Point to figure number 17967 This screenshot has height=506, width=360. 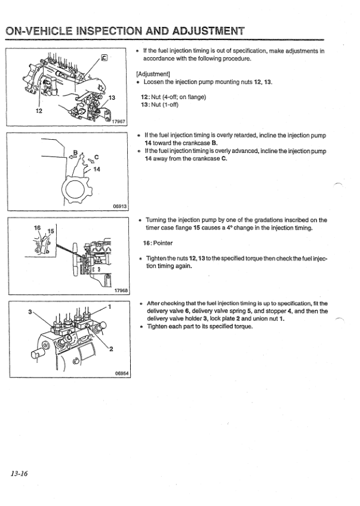click(119, 121)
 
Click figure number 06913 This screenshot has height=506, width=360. click(119, 207)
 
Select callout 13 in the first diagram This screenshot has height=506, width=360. click(111, 98)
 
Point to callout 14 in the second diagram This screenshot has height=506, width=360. click(97, 170)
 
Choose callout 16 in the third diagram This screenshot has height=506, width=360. click(36, 229)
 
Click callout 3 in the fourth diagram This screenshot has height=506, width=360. click(29, 311)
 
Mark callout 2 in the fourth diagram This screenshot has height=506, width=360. click(112, 349)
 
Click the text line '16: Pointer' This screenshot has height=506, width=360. click(158, 243)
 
